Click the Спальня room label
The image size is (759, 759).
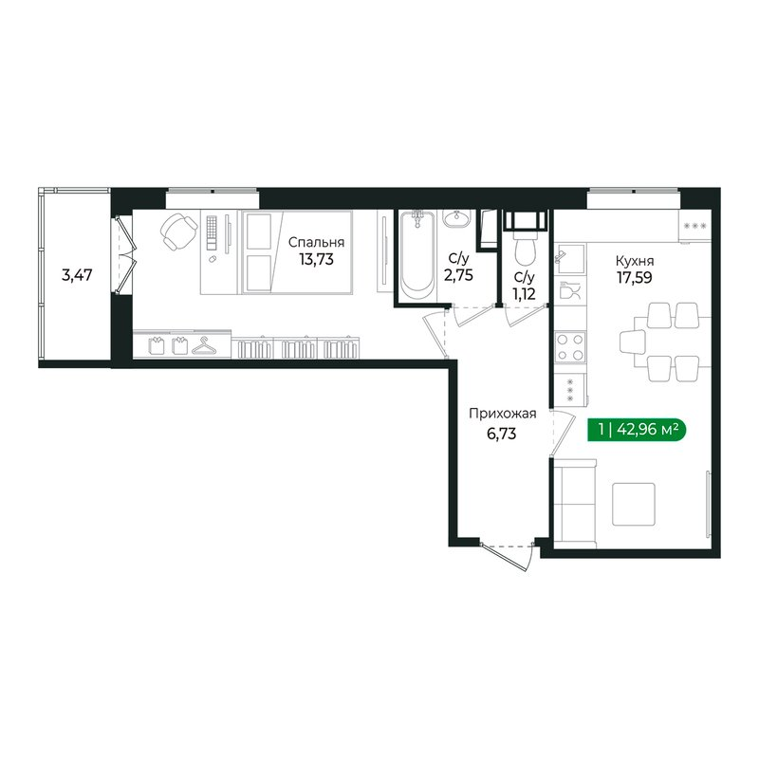pyautogui.click(x=317, y=241)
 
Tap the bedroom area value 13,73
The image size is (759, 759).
pyautogui.click(x=317, y=257)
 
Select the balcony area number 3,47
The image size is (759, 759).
pyautogui.click(x=78, y=277)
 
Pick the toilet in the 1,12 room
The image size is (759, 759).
pyautogui.click(x=524, y=250)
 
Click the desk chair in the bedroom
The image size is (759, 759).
pyautogui.click(x=177, y=231)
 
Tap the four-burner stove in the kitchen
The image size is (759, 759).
pyautogui.click(x=570, y=346)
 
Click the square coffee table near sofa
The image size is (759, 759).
pyautogui.click(x=633, y=504)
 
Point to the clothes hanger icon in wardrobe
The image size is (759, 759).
pyautogui.click(x=203, y=347)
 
